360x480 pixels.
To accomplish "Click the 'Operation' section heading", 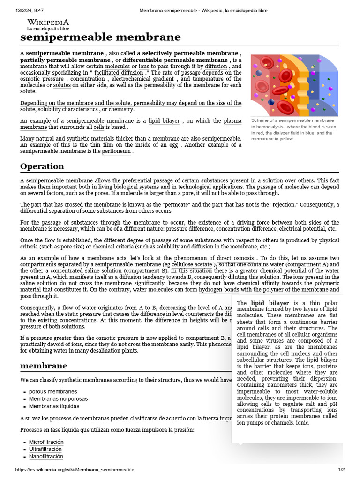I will [42, 166].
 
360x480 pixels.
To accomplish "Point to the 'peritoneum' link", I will [117, 152].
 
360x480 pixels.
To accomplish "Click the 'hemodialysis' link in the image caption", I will [270, 127].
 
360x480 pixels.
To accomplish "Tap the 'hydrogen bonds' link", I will [218, 290].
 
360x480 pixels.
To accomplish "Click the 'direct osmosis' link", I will [236, 258].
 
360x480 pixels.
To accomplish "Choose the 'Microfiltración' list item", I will [46, 442].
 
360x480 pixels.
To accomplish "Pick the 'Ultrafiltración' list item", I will [45, 449].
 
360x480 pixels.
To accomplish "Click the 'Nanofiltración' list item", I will [46, 456].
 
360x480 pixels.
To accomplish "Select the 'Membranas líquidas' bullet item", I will [54, 406].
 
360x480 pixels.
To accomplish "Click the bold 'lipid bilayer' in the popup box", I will [270, 303].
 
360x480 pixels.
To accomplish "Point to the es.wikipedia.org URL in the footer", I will [75, 470].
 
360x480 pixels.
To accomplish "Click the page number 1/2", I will [341, 470].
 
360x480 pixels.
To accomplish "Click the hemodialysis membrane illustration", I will [294, 85].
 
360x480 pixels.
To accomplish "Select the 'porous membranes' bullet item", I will [53, 391].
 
